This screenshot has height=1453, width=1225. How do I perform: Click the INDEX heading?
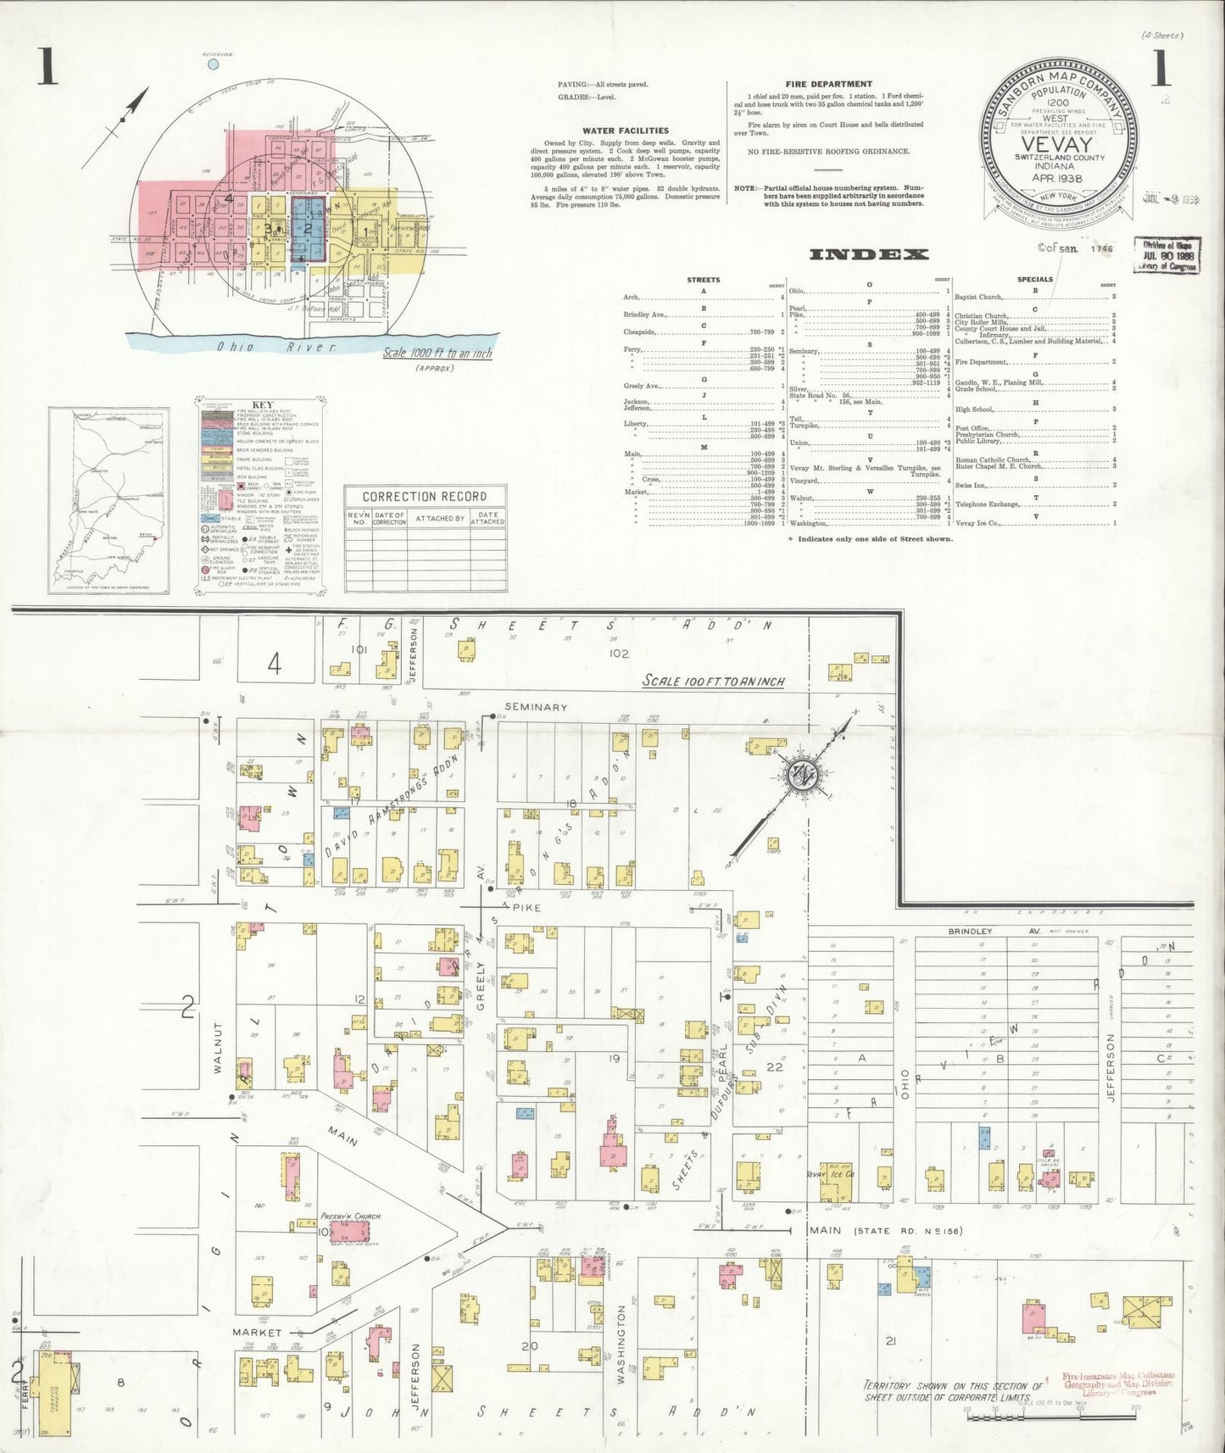(869, 254)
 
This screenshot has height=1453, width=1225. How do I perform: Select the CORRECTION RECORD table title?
(424, 497)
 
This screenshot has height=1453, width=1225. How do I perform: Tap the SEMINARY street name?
(535, 707)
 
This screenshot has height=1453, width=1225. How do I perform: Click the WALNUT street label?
(218, 1048)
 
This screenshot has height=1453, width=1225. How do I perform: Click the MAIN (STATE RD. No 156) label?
(885, 1230)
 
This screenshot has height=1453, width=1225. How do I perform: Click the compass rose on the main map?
(800, 775)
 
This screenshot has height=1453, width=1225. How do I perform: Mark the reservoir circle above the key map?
(213, 64)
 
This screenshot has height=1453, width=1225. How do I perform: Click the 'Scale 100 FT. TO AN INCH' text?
(713, 681)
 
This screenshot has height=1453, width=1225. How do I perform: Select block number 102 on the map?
(618, 654)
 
